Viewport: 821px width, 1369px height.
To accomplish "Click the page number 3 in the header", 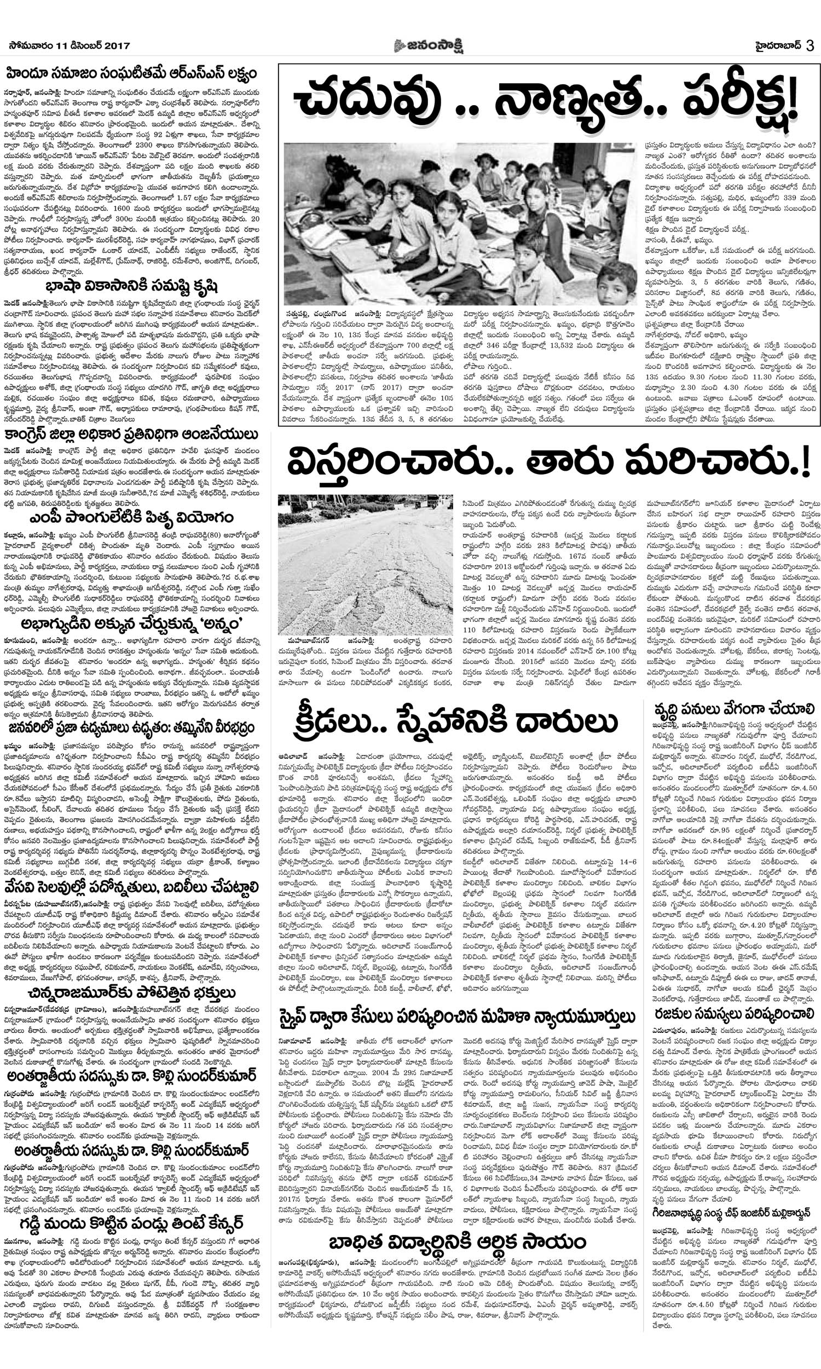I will coord(810,45).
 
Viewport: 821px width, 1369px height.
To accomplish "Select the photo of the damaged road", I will coord(365,564).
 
